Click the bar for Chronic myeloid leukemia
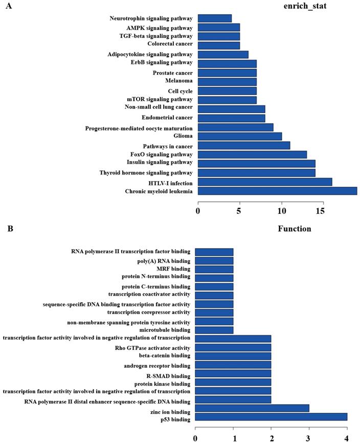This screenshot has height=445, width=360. (277, 191)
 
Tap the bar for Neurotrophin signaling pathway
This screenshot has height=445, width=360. (214, 18)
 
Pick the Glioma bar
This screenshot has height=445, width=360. (239, 136)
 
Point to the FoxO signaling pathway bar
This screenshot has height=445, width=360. (252, 154)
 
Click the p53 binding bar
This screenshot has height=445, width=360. (271, 417)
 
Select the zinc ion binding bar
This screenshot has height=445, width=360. (252, 408)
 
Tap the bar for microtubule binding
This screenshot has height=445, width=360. (214, 330)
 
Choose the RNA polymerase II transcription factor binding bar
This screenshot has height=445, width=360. (214, 252)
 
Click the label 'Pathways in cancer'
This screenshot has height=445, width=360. (167, 146)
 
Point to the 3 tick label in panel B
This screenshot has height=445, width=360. (309, 438)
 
